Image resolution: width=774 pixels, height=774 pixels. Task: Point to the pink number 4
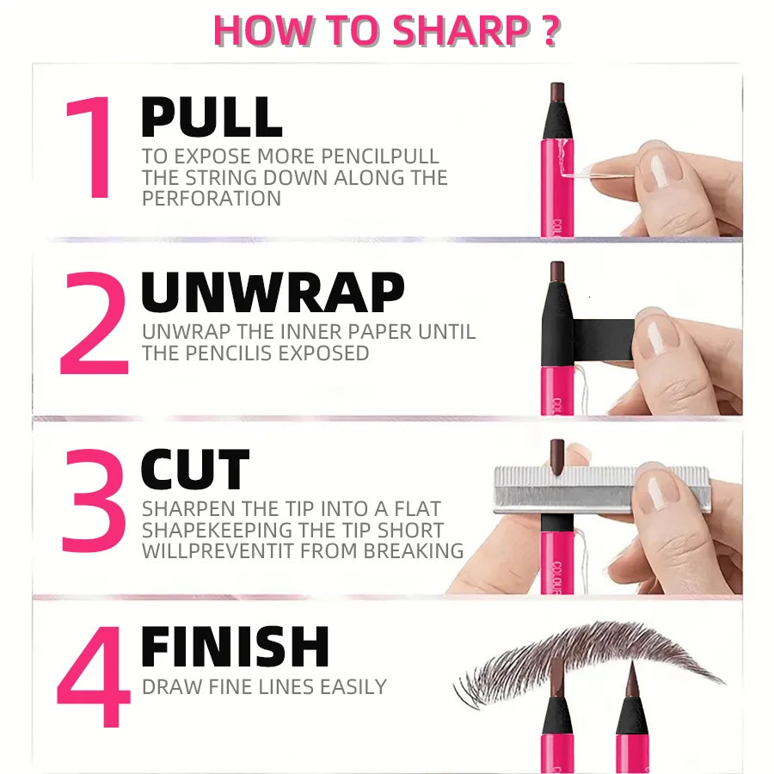pos(93,679)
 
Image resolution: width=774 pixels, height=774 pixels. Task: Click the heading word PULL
pos(212,118)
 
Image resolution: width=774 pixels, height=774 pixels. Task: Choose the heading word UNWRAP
pos(272,293)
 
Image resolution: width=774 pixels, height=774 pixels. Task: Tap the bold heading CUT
pos(194,470)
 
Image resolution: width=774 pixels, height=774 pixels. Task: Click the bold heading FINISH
pos(235,648)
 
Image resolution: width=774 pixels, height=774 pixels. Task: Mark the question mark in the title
pos(551,30)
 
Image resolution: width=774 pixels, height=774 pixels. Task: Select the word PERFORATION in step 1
pos(212,199)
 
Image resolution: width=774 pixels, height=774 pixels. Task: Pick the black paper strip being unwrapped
pos(602,329)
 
